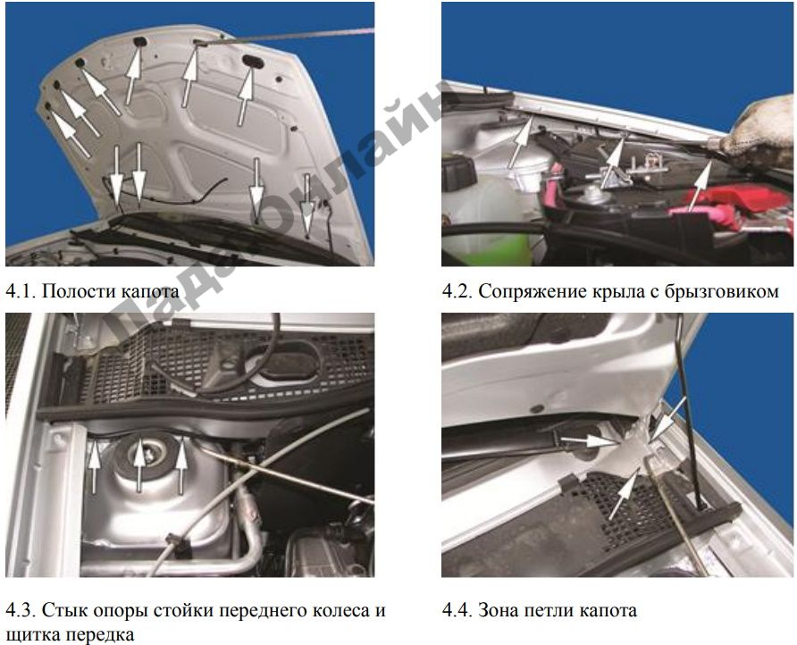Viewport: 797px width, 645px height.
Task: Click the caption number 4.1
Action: pyautogui.click(x=21, y=291)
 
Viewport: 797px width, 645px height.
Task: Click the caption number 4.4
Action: pyautogui.click(x=457, y=609)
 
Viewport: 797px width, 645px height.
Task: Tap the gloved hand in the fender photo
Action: pyautogui.click(x=762, y=133)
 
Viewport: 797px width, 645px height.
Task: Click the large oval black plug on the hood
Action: pyautogui.click(x=252, y=61)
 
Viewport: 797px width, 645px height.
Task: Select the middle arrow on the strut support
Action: pyautogui.click(x=139, y=465)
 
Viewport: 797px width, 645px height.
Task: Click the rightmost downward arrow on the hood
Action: pyautogui.click(x=307, y=205)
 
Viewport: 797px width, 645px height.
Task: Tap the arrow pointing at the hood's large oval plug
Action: pyautogui.click(x=245, y=96)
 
